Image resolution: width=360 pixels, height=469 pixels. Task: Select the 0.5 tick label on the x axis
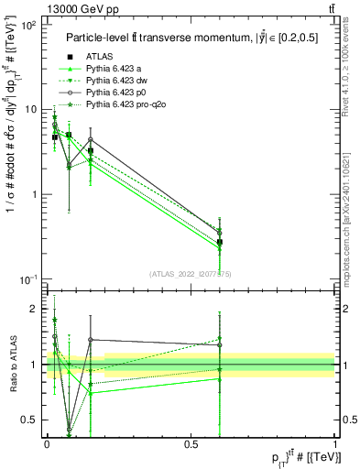pyautogui.click(x=191, y=443)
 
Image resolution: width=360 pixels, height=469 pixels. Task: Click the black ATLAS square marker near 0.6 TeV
pyautogui.click(x=219, y=243)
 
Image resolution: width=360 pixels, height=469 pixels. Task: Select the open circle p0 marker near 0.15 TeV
pyautogui.click(x=90, y=140)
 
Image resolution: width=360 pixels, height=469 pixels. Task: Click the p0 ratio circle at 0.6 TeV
pyautogui.click(x=219, y=345)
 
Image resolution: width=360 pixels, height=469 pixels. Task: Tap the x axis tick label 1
pyautogui.click(x=334, y=443)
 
